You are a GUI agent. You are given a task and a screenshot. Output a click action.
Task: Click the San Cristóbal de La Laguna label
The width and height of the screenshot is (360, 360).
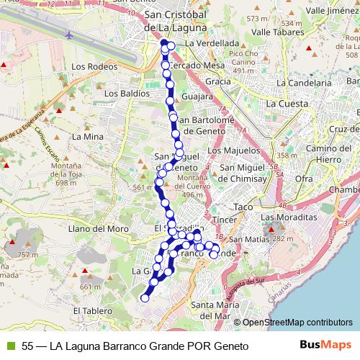[176, 22]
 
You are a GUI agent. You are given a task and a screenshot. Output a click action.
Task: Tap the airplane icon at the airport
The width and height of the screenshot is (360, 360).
[69, 34]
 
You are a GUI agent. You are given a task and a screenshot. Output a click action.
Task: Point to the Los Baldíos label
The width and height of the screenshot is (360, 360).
[127, 93]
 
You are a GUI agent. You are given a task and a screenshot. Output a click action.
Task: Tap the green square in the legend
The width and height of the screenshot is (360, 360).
[10, 346]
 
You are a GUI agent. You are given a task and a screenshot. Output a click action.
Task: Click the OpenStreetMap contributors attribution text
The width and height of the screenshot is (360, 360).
[297, 323]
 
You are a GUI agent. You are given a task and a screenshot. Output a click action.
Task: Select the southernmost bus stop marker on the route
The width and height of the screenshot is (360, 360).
[145, 297]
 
